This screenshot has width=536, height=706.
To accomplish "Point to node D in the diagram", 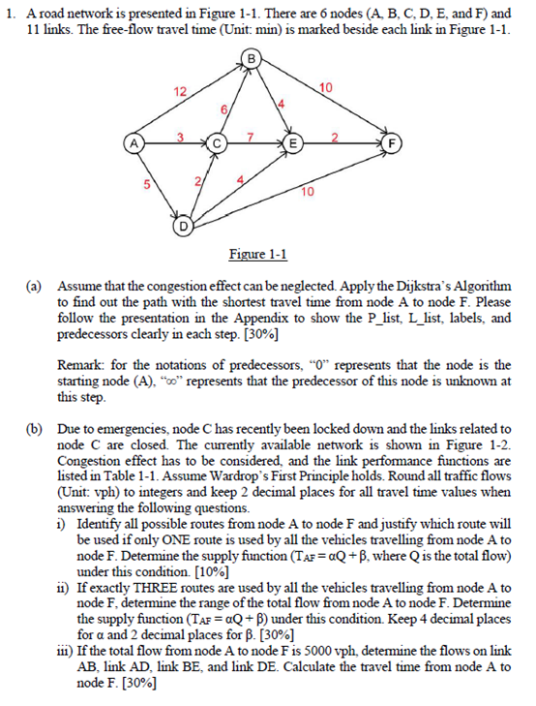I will tap(182, 229).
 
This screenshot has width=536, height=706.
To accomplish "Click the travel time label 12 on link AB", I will tap(179, 91).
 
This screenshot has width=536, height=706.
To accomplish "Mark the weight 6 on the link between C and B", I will tap(226, 111).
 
